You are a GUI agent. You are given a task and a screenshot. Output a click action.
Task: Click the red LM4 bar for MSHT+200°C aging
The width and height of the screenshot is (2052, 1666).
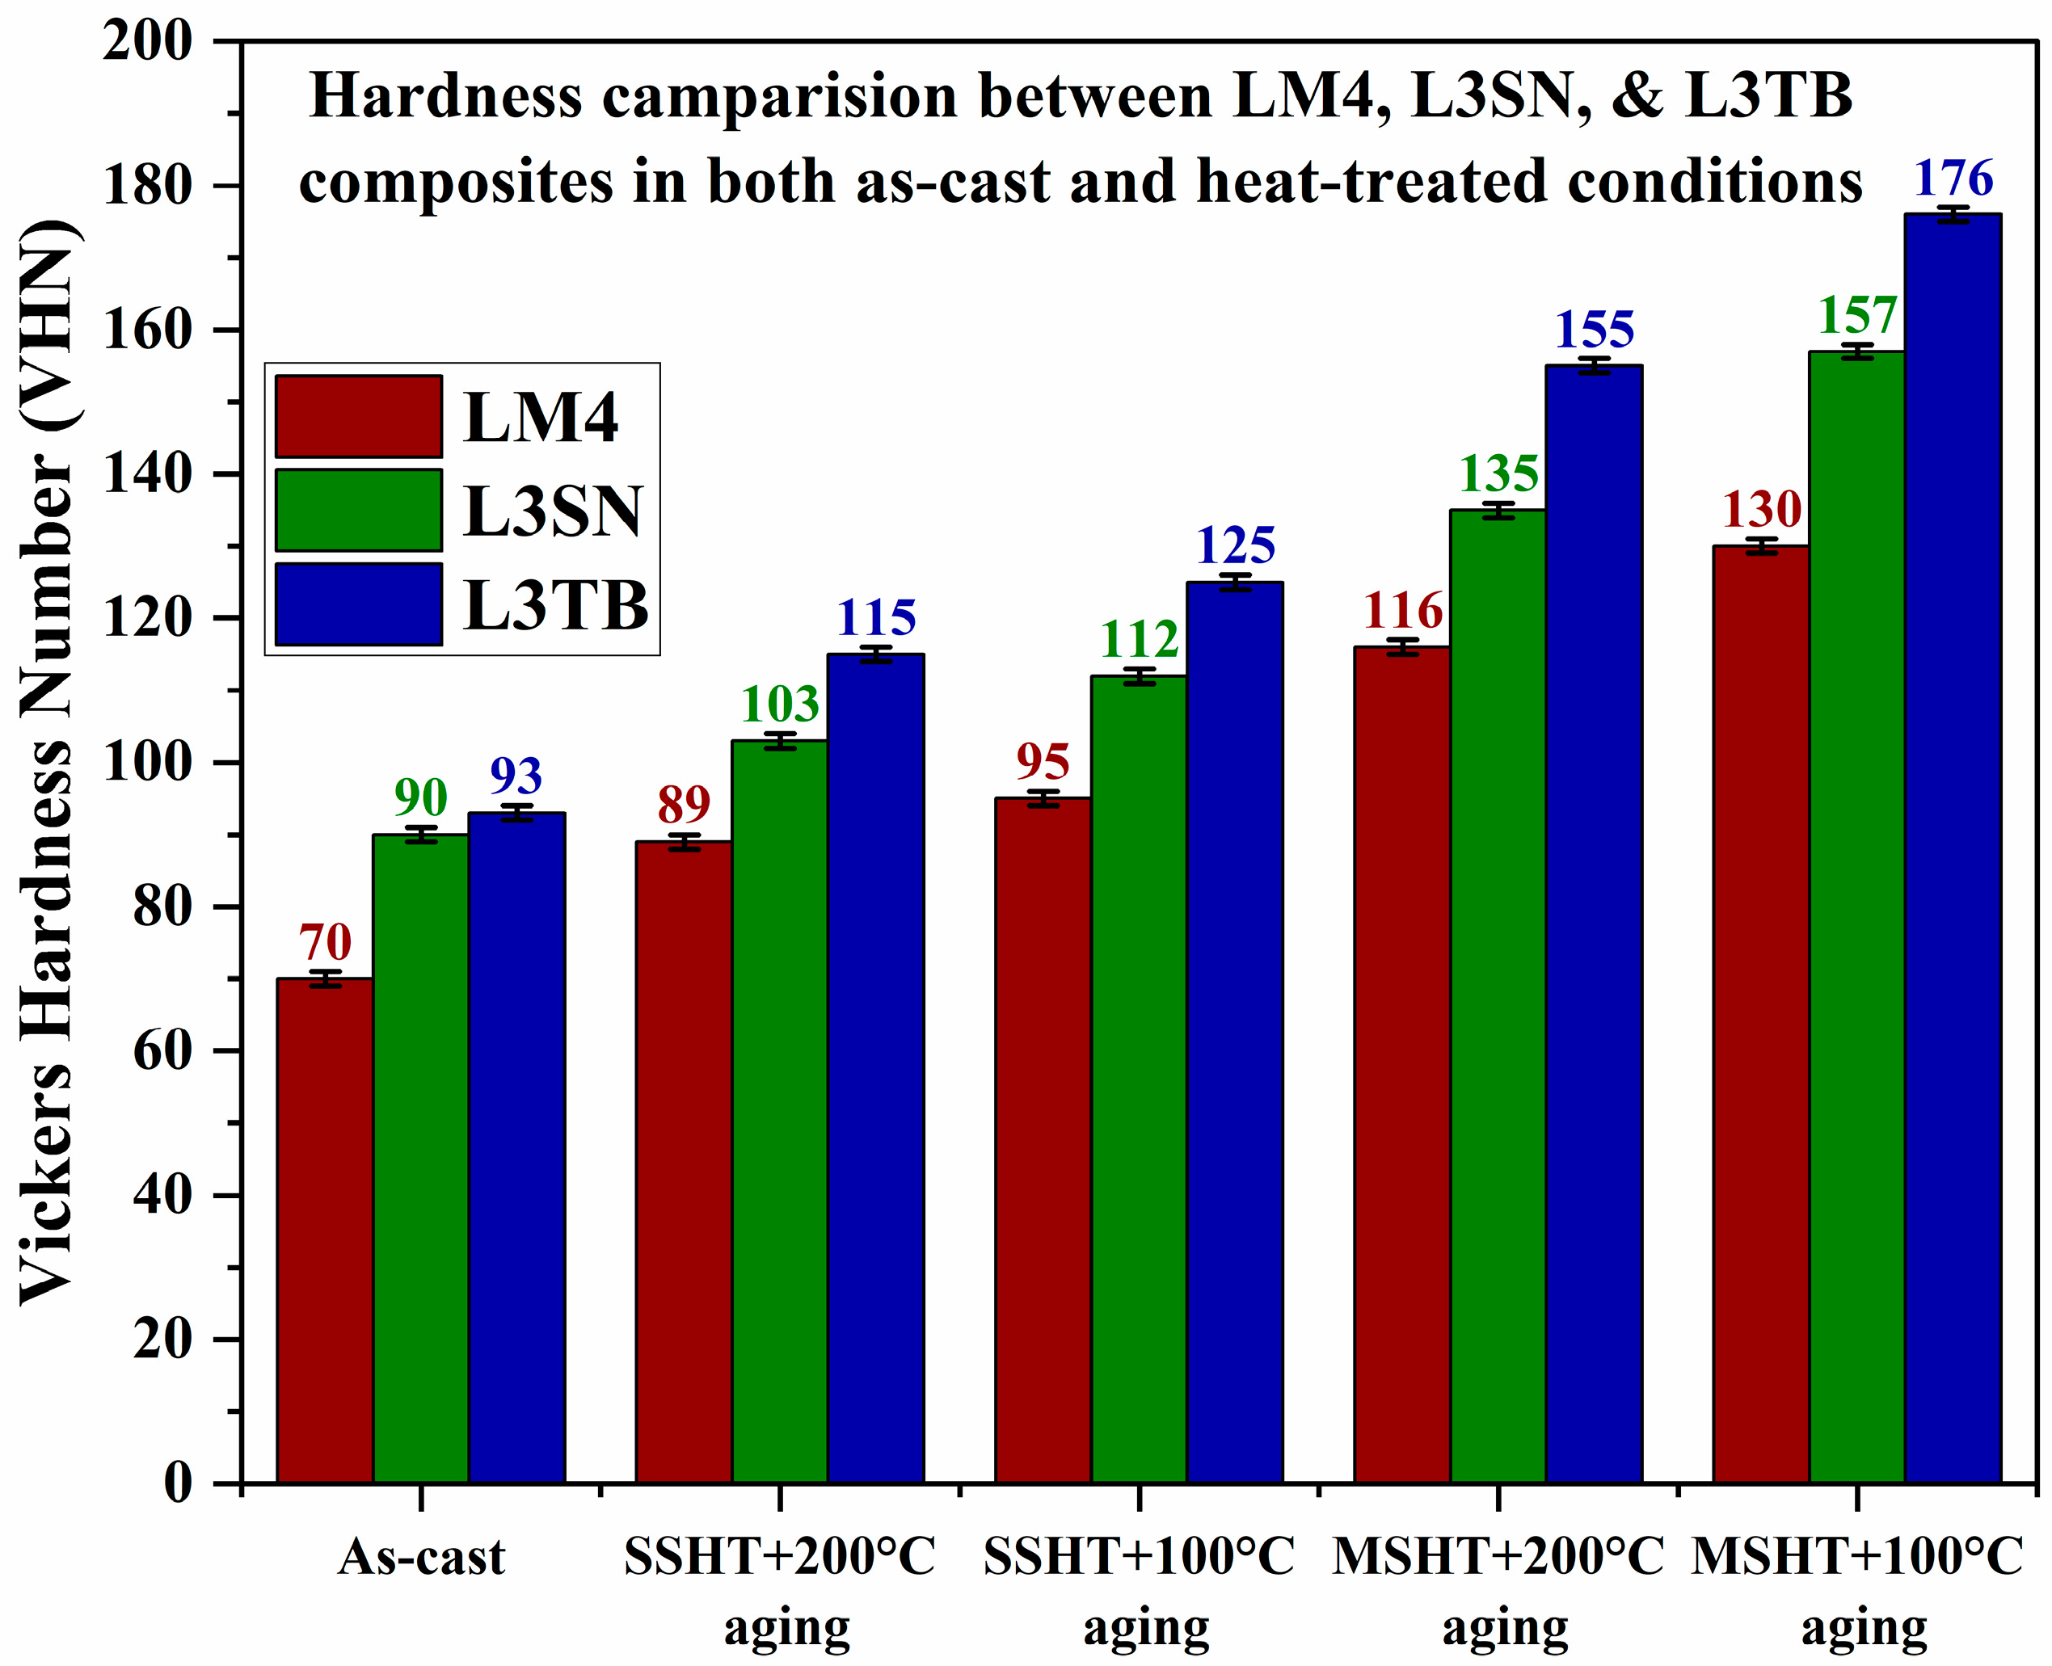coord(1401,1065)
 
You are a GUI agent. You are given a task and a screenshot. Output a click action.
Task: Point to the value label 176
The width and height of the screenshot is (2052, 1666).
coord(1953,179)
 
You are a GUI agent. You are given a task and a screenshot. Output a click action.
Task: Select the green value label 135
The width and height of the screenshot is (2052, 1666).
coord(1498,473)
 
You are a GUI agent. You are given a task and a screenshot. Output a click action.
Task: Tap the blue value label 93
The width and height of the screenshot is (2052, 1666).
coord(516,776)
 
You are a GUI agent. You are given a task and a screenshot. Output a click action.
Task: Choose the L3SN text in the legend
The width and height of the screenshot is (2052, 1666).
coord(552,511)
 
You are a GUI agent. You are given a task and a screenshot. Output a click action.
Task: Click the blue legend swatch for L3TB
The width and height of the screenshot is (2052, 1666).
coord(358,604)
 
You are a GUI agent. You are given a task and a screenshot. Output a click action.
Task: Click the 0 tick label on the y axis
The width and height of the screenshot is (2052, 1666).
coord(178,1483)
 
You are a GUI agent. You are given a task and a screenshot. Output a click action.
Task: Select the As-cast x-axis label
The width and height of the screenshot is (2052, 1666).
coord(420,1558)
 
